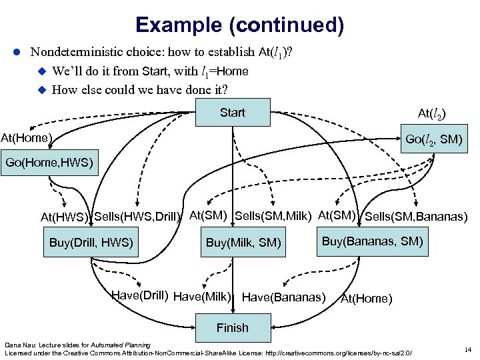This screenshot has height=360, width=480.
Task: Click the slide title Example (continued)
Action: coord(239,25)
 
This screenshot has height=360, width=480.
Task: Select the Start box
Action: coord(233,113)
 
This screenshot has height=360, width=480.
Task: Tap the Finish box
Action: coord(232,327)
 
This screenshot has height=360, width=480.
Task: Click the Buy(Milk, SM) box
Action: coord(244,243)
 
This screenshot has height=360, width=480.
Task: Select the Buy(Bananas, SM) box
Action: coord(372,241)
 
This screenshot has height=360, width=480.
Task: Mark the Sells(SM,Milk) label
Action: coord(275,215)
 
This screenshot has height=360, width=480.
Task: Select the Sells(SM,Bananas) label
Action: coord(416,216)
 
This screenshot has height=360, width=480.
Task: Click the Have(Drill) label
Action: coord(139,295)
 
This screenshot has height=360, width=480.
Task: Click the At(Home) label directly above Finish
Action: coord(366,299)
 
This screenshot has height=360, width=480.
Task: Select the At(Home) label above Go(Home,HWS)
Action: coord(27,139)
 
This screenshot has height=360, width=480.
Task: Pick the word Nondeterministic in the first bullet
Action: coord(82,51)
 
